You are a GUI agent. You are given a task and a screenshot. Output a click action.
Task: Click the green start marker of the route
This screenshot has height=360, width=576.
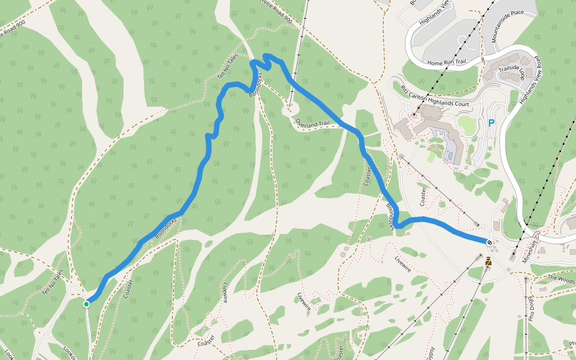click(86, 304)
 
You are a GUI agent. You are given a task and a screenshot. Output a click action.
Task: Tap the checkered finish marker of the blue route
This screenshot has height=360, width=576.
click(490, 242)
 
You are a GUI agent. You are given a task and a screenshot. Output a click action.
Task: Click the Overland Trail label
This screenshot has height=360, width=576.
click(312, 123)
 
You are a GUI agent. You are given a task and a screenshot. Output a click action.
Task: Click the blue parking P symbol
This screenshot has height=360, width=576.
click(491, 124)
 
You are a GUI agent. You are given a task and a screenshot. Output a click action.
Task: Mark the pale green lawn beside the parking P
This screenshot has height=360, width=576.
click(466, 125)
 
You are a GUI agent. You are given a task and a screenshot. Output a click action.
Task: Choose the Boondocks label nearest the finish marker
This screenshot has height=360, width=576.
click(391, 217)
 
